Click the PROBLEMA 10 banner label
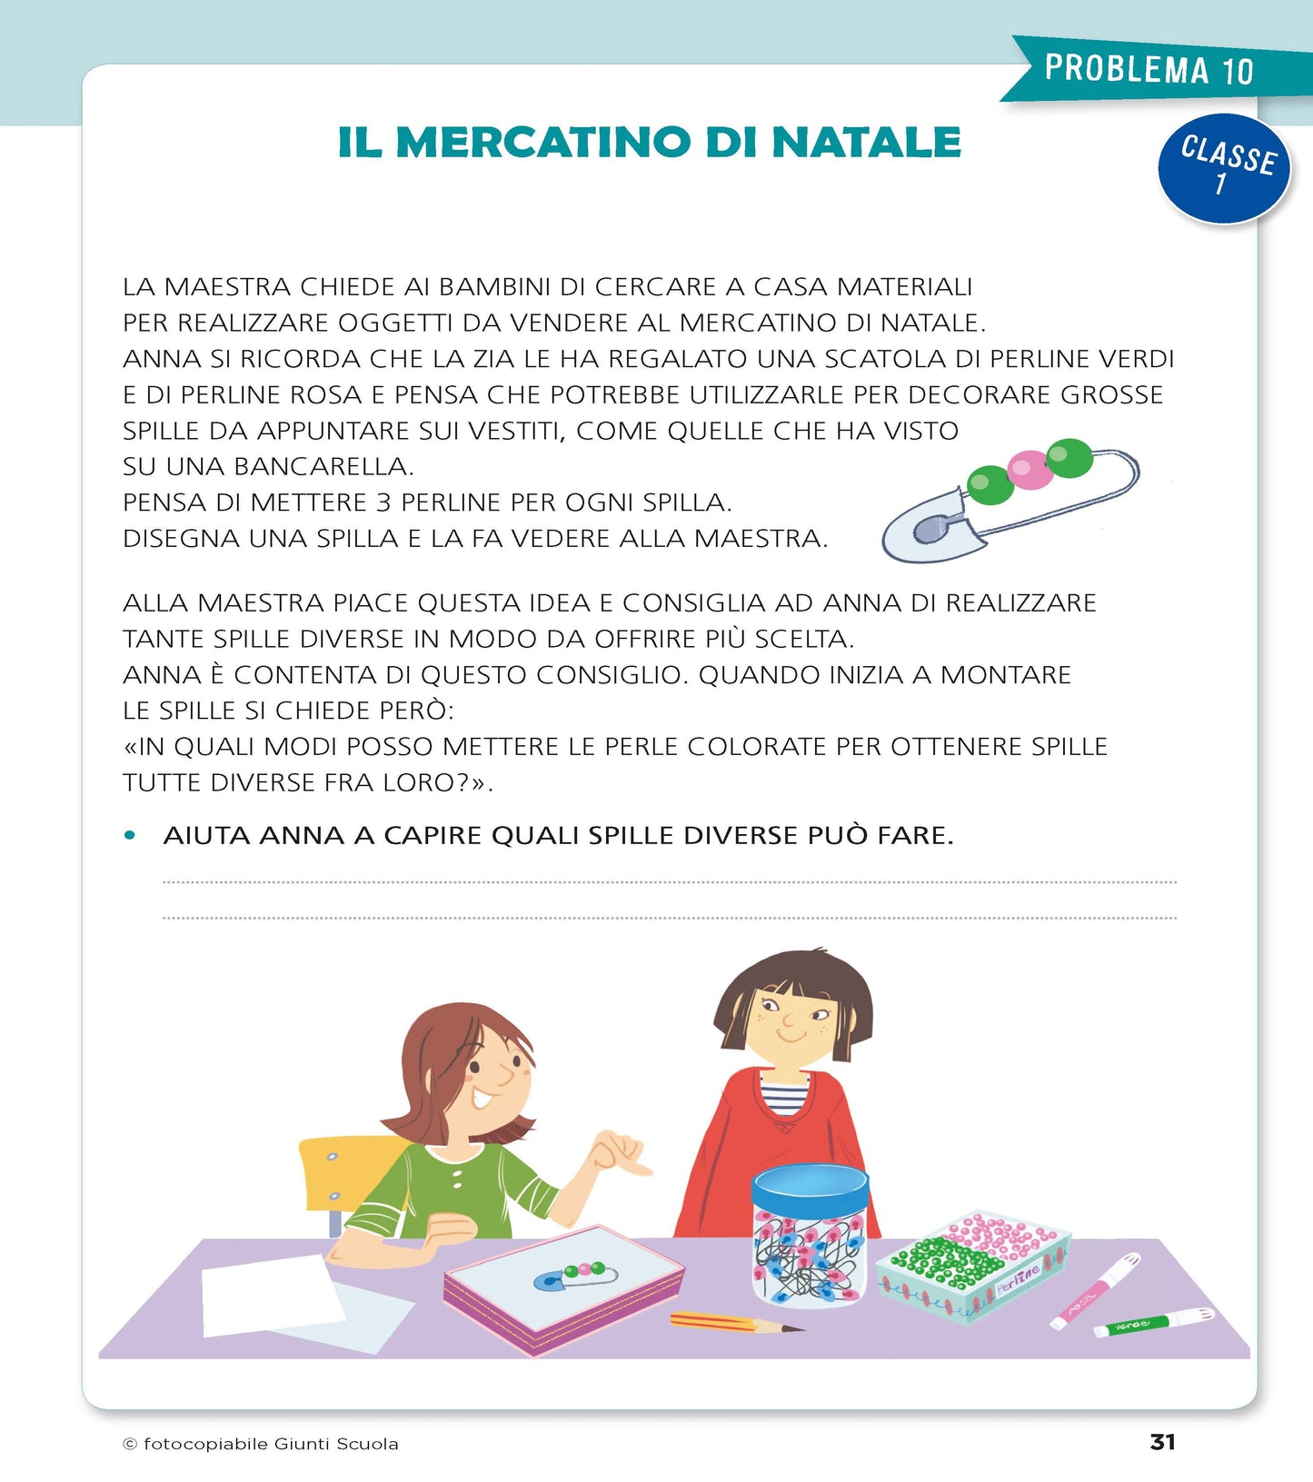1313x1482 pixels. point(1149,69)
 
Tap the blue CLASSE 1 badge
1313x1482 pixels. point(1224,168)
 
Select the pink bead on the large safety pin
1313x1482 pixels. point(1030,470)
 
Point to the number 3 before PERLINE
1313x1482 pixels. point(383,502)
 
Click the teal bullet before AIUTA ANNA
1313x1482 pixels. point(130,835)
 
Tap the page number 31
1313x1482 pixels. point(1162,1442)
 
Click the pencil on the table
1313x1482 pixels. point(736,1322)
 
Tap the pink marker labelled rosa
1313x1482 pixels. point(1095,1289)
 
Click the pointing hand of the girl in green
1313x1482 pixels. point(618,1154)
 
